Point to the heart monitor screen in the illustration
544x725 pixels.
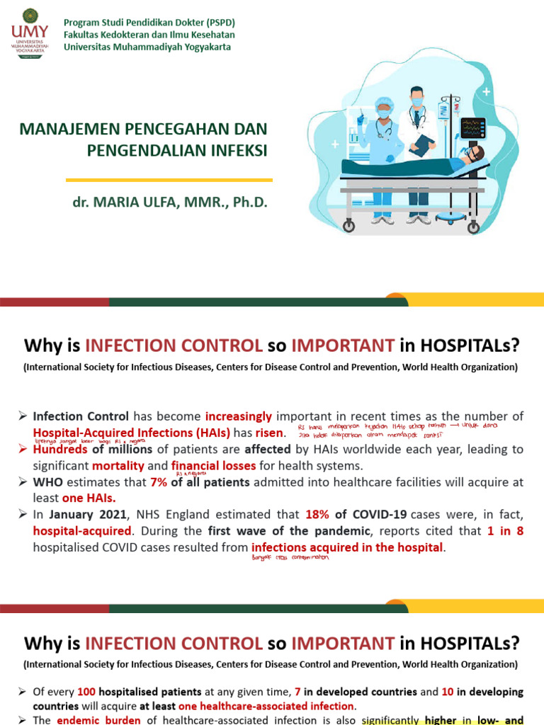pyautogui.click(x=472, y=128)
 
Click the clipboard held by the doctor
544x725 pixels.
pyautogui.click(x=423, y=145)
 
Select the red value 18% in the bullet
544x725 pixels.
pyautogui.click(x=318, y=514)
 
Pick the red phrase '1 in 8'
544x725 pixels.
pyautogui.click(x=506, y=530)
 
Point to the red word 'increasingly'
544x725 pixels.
pyautogui.click(x=239, y=416)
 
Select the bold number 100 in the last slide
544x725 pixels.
pyautogui.click(x=86, y=691)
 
